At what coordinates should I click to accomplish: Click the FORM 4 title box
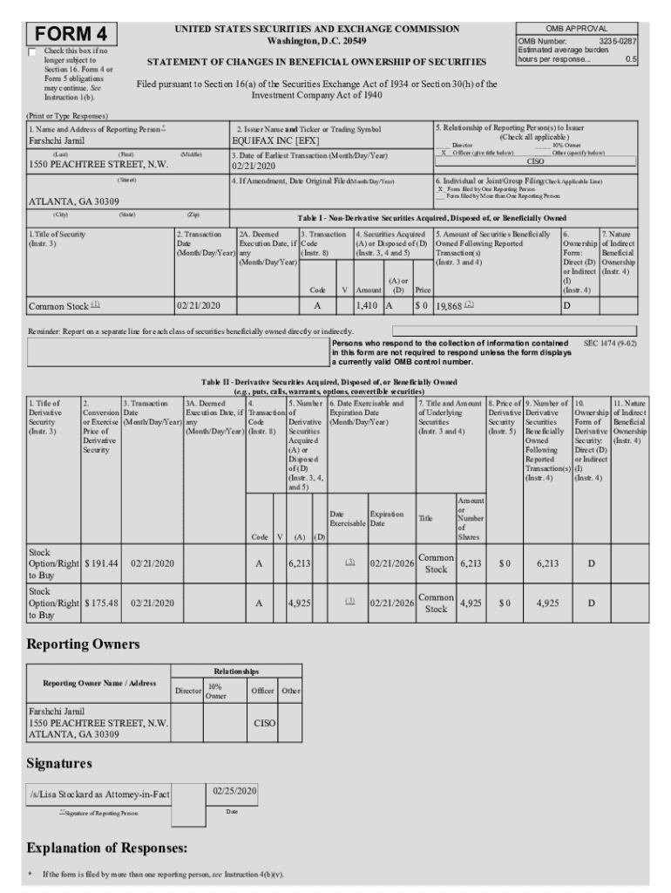(x=72, y=34)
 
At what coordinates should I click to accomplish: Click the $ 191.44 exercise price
(x=101, y=563)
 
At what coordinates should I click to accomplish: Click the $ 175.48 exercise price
(x=101, y=603)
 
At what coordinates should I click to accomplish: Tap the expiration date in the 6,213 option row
(x=391, y=563)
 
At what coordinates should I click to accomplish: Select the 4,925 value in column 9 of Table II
(x=547, y=603)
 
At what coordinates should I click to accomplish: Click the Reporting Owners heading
(x=84, y=644)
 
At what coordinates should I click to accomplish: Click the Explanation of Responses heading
(x=107, y=848)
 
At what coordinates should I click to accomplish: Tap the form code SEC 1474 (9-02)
(x=610, y=344)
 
